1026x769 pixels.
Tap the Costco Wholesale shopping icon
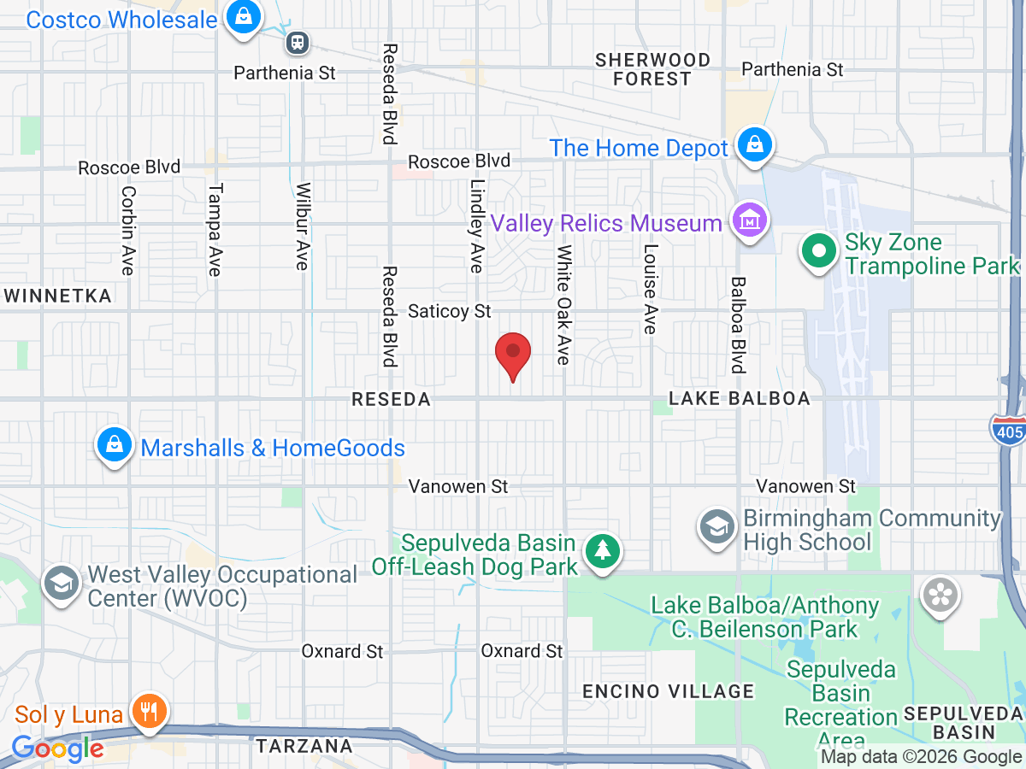(x=244, y=18)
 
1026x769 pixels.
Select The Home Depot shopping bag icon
(x=755, y=145)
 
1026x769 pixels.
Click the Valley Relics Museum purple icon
(x=749, y=220)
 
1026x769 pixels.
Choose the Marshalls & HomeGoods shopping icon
(x=113, y=445)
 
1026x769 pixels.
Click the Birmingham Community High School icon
(x=717, y=527)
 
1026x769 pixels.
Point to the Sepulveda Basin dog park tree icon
(x=604, y=550)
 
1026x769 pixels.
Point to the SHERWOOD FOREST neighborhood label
(x=653, y=69)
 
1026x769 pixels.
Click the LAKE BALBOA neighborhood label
(x=739, y=399)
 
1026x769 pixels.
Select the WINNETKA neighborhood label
(x=57, y=296)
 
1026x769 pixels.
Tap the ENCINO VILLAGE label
(x=668, y=691)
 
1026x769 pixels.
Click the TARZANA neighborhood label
(x=304, y=746)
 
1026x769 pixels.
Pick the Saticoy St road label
(x=450, y=311)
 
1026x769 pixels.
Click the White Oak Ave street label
(x=563, y=305)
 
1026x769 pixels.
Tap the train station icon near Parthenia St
(x=298, y=41)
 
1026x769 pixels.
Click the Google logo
(x=57, y=748)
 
